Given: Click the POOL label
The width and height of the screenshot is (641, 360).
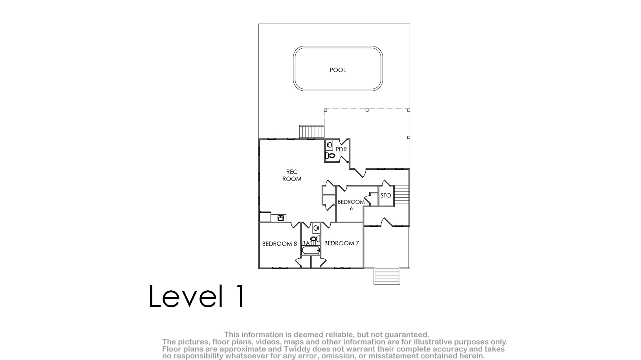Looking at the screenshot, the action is click(x=338, y=70).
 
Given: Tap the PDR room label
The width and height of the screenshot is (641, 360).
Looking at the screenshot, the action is click(x=341, y=149).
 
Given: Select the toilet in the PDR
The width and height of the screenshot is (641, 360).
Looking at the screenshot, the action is click(x=330, y=156).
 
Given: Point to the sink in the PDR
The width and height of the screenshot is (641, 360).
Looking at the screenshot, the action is click(x=329, y=145).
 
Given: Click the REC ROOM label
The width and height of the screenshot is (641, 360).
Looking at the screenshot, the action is click(x=292, y=175).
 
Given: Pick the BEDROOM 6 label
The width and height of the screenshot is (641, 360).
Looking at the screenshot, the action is click(x=351, y=205).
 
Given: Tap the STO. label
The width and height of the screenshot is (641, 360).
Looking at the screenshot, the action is click(x=386, y=196).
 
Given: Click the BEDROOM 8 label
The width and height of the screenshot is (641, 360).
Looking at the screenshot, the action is click(x=280, y=244).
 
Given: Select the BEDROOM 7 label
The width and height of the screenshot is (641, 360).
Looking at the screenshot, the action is click(x=341, y=243).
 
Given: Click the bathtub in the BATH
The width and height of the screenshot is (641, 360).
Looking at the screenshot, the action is click(x=311, y=250).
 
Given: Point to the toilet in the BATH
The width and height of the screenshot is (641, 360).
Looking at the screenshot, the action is click(x=315, y=239).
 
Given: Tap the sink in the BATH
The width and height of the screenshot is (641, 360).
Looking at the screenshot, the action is click(x=316, y=228).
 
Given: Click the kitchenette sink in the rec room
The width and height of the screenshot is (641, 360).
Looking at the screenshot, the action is click(x=281, y=218).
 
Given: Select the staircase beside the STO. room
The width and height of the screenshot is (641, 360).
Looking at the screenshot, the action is click(x=401, y=196).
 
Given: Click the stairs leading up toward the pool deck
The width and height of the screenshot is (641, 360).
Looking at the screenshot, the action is click(x=312, y=132).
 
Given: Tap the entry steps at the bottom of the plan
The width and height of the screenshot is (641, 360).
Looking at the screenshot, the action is click(x=387, y=276).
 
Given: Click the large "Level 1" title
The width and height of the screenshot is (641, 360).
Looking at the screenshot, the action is click(x=197, y=296).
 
